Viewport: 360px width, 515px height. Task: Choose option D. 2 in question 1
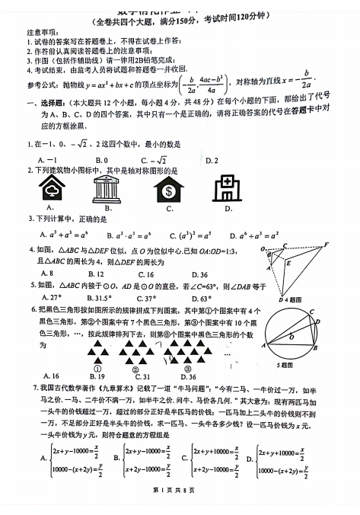(x=211, y=160)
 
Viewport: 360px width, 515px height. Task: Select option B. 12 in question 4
(x=96, y=273)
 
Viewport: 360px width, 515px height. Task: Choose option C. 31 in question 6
(x=142, y=376)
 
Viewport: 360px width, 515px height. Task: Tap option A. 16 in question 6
(x=51, y=376)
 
